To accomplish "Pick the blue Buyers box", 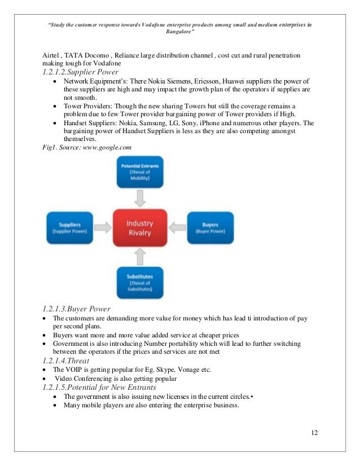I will tap(210, 227).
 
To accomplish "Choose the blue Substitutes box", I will tap(140, 282).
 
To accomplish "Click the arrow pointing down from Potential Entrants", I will tap(140, 198).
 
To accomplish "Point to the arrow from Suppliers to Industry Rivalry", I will tap(103, 227).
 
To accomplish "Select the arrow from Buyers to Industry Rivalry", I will tap(177, 227).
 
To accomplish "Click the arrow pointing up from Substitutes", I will tap(140, 257).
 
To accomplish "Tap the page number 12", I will tap(314, 433).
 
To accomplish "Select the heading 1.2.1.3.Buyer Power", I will tap(76, 309).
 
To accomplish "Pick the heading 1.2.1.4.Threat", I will tap(66, 359).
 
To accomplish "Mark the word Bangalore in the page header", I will tap(178, 33).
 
